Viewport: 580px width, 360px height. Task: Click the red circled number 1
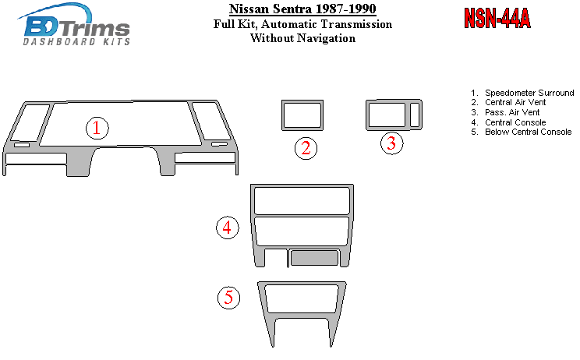97,129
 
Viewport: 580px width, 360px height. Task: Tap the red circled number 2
306,149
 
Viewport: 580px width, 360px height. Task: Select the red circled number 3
391,143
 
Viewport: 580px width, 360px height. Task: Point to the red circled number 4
228,228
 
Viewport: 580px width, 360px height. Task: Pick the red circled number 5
228,298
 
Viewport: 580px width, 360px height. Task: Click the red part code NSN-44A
497,18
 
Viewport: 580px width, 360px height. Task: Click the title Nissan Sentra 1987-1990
302,9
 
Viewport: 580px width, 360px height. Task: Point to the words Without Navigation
303,38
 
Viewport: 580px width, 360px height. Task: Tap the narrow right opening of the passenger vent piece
415,115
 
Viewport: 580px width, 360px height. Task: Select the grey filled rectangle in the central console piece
314,258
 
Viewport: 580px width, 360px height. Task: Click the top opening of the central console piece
302,201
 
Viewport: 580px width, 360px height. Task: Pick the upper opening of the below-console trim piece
302,299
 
